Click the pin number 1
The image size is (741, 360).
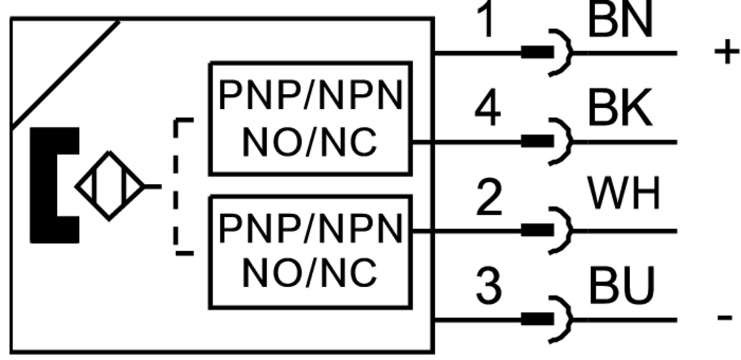click(486, 20)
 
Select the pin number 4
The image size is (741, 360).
click(487, 110)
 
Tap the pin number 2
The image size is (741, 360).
click(488, 198)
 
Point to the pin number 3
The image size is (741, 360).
click(488, 286)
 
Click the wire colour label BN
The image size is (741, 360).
click(620, 20)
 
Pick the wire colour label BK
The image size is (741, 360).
click(620, 109)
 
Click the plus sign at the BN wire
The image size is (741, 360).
click(726, 52)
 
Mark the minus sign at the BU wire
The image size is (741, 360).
click(725, 317)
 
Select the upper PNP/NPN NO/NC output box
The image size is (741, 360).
click(310, 118)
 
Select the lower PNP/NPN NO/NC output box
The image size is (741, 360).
click(310, 252)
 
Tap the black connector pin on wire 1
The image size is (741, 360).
click(537, 53)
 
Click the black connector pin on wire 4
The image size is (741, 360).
click(537, 142)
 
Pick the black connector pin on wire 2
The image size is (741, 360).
click(537, 230)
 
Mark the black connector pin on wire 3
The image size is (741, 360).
click(537, 319)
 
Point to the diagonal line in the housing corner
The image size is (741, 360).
click(65, 74)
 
